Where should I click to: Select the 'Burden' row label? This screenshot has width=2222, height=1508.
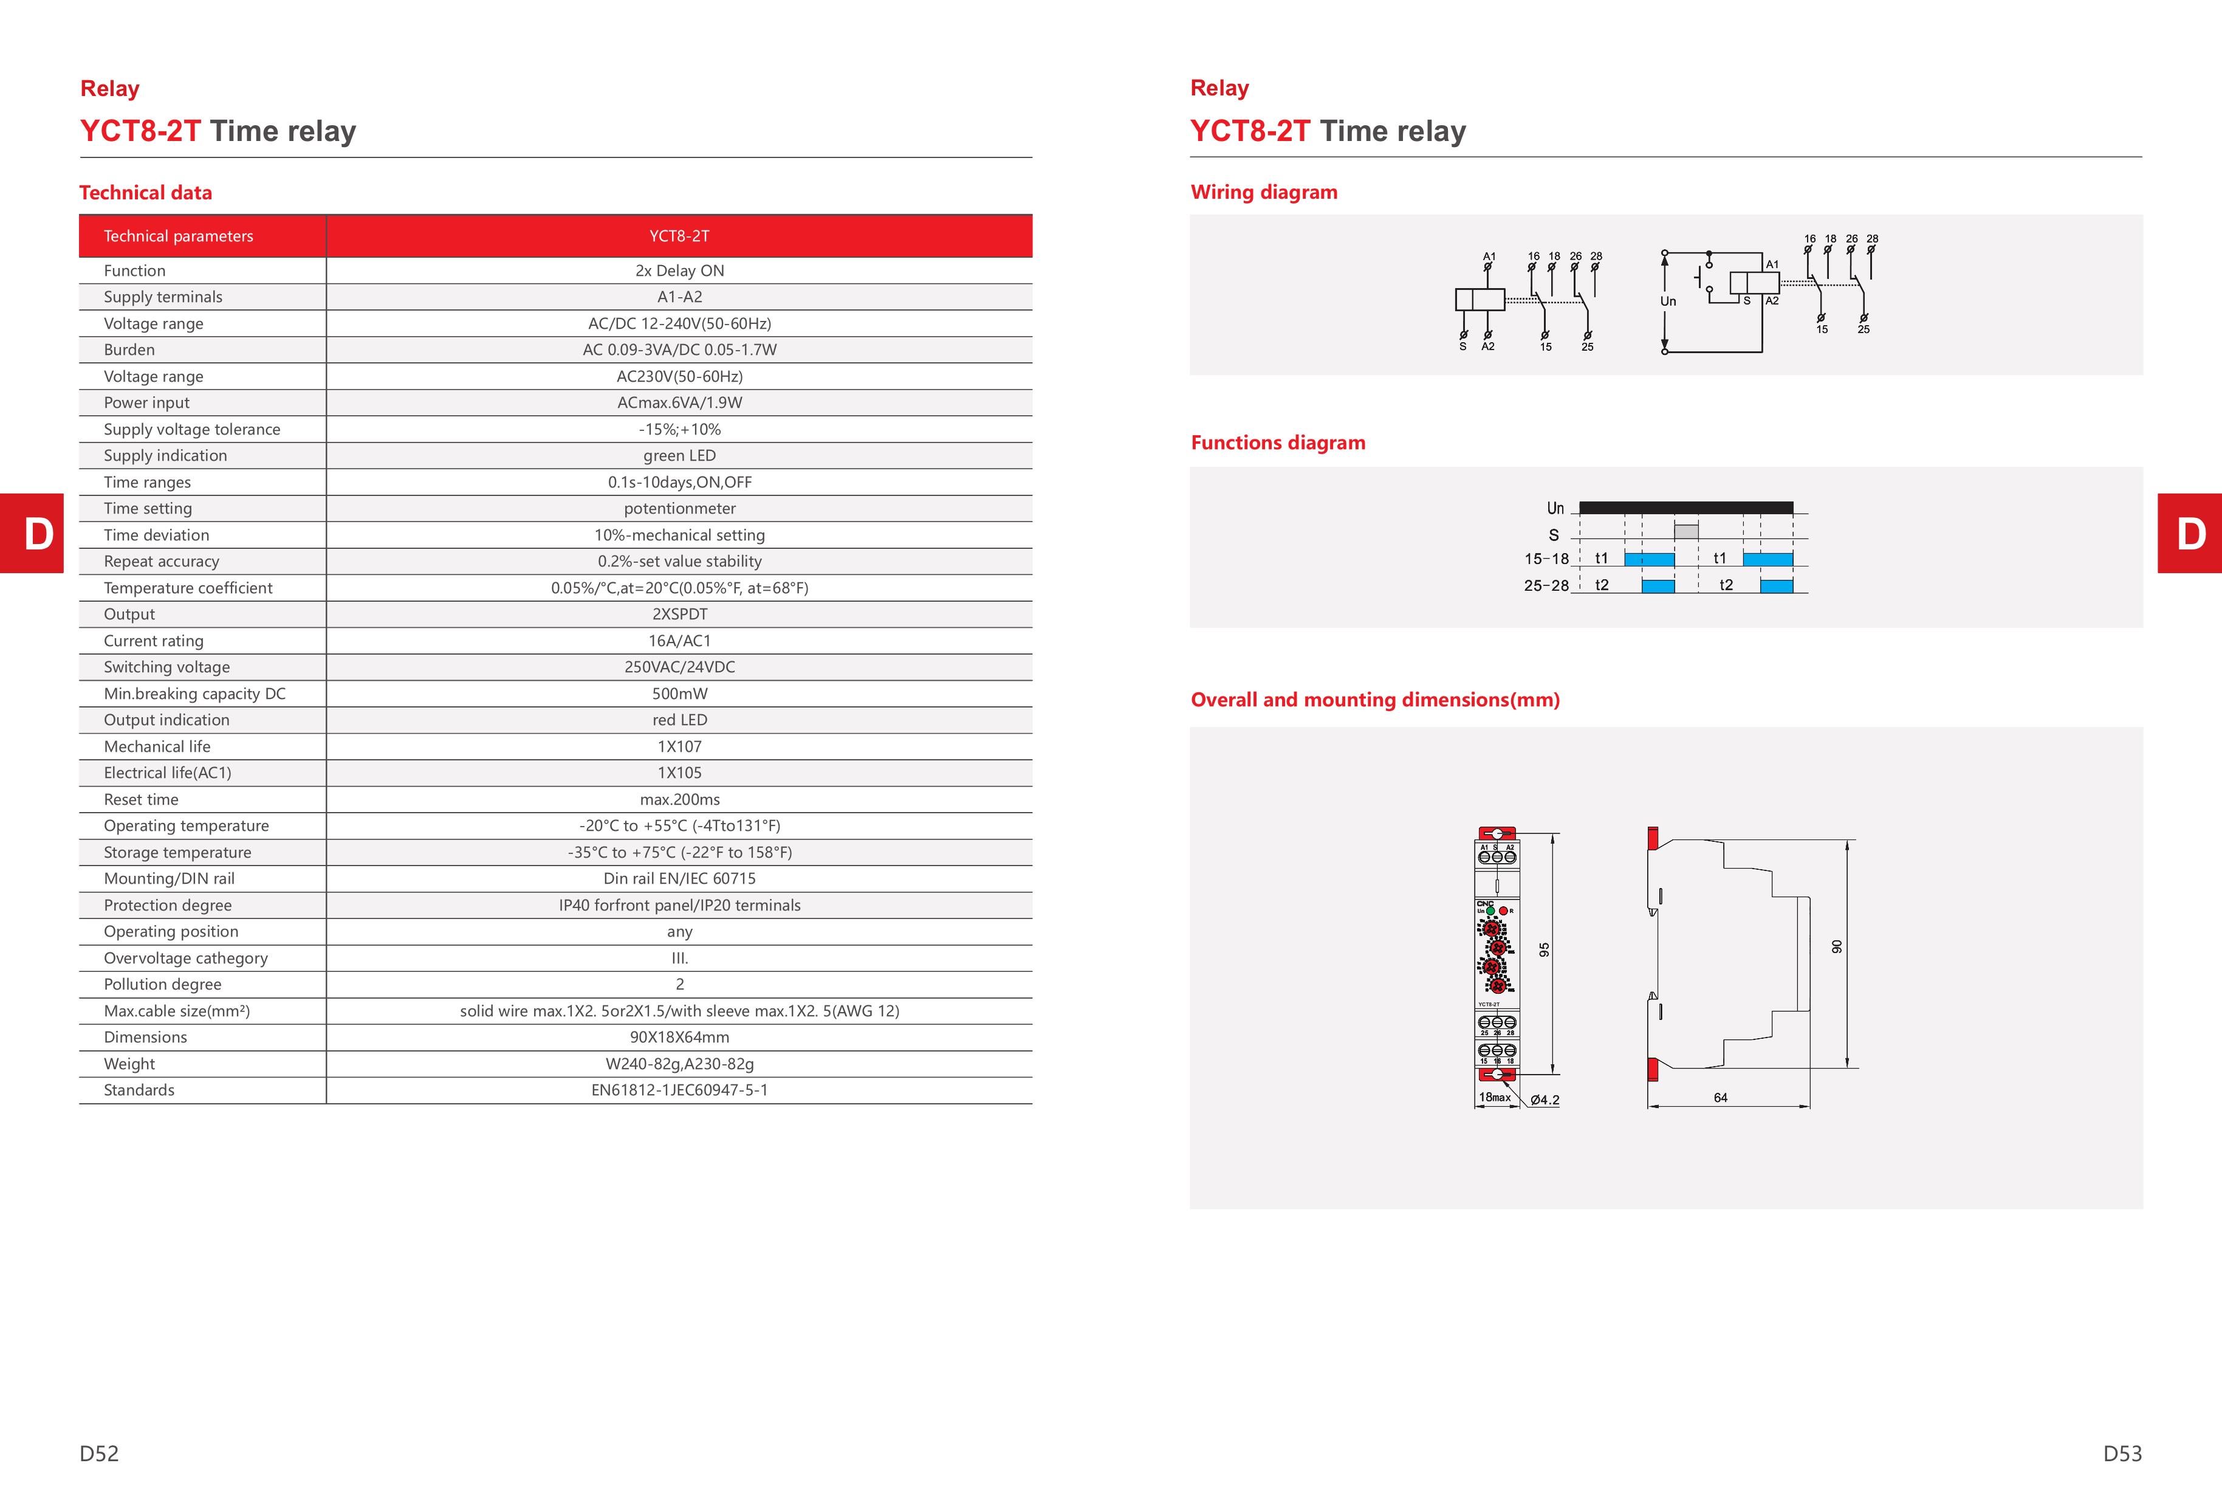pos(129,350)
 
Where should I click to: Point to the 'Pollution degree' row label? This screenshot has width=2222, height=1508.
pos(163,984)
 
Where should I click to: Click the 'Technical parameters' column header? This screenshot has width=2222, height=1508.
pos(179,236)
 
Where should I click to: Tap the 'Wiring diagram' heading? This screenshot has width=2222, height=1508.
pos(1263,192)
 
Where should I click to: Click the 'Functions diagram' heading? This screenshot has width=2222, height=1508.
pos(1277,442)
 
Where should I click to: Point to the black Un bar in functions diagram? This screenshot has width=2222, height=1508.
pos(1685,508)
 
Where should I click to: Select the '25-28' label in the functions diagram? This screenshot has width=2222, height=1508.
pos(1546,585)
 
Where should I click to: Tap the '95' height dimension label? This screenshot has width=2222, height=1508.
pos(1543,949)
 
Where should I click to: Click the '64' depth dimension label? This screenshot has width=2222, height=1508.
pos(1720,1098)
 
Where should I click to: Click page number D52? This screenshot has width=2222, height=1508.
pos(100,1453)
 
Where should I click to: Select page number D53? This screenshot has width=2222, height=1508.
pos(2122,1453)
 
